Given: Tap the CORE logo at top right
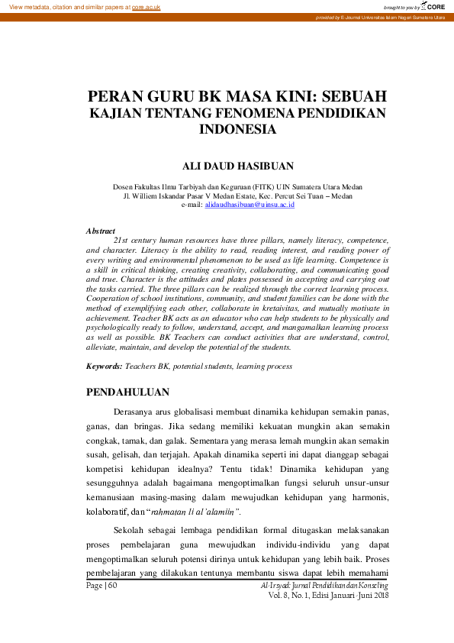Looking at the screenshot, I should pyautogui.click(x=434, y=6).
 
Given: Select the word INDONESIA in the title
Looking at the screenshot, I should pyautogui.click(x=237, y=129).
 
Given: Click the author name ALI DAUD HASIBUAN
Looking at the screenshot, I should pyautogui.click(x=237, y=165).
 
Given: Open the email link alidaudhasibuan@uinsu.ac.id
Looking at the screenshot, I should pyautogui.click(x=249, y=205).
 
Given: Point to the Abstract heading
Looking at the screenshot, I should pyautogui.click(x=101, y=231).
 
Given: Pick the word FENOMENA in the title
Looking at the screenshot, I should pyautogui.click(x=262, y=113).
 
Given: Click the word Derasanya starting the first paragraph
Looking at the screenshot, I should pyautogui.click(x=136, y=412).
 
